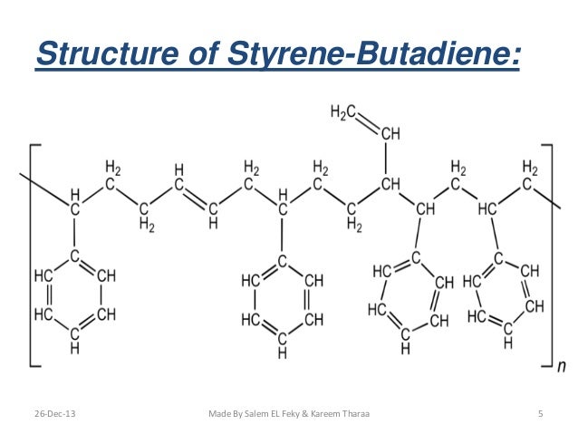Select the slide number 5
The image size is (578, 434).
(540, 414)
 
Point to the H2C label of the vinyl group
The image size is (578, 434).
(342, 111)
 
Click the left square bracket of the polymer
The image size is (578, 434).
(32, 254)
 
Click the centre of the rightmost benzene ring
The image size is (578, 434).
(504, 295)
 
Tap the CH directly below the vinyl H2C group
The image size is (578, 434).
(390, 134)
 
